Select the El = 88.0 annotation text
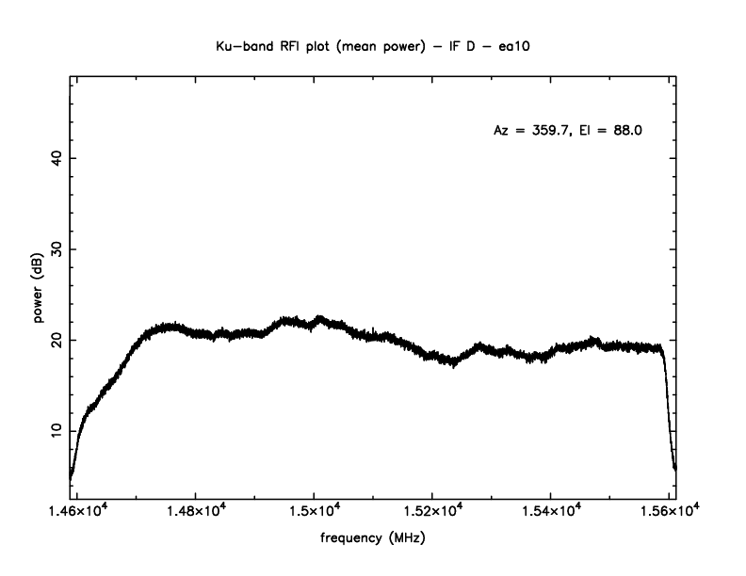[x=612, y=131]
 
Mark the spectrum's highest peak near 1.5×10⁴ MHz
[x=319, y=318]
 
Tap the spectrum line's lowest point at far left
[x=71, y=477]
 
